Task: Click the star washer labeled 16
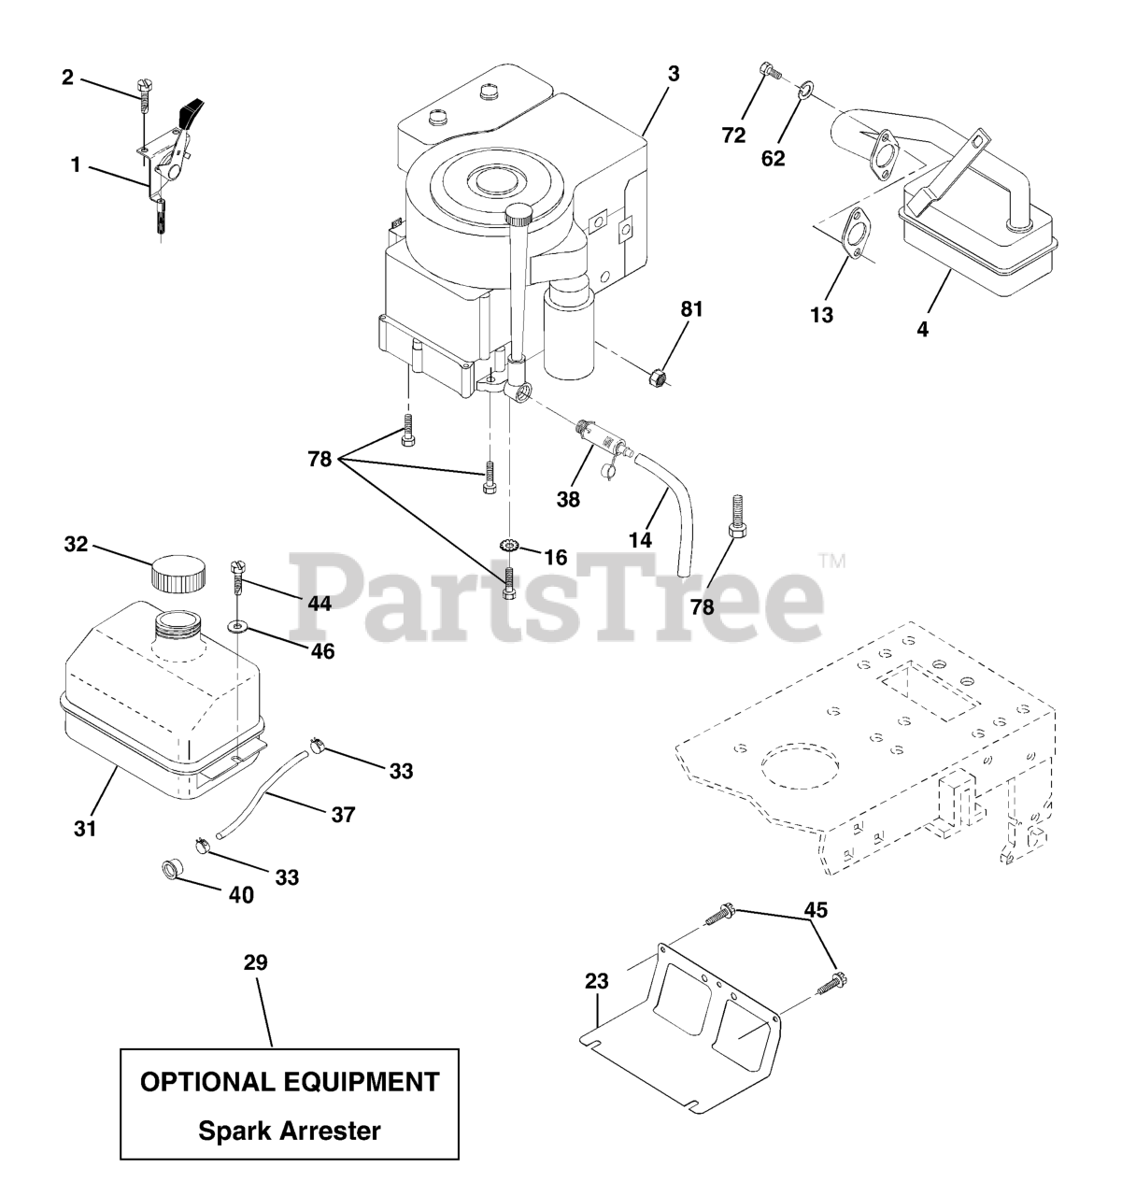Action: (509, 546)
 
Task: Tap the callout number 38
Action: (568, 500)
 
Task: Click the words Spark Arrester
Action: (290, 1131)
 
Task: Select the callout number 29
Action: (255, 963)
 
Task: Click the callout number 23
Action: (597, 981)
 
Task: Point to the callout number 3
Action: (673, 74)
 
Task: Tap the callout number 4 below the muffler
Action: (922, 329)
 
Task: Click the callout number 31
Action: (85, 828)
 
